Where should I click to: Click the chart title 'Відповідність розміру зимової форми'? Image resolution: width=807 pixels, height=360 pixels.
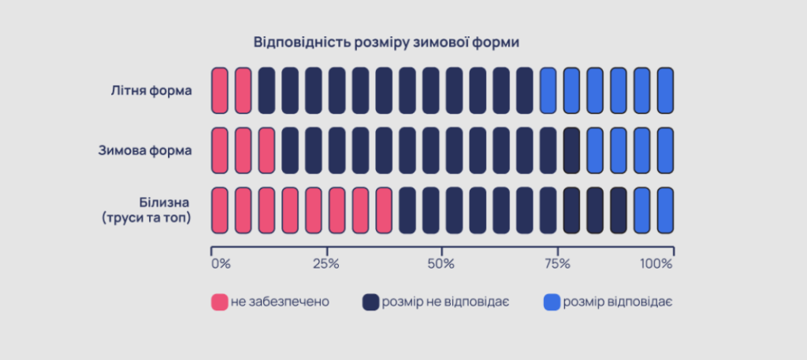386,41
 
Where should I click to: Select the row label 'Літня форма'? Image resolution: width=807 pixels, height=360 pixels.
151,90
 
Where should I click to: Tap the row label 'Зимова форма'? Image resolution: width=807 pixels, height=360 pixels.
145,150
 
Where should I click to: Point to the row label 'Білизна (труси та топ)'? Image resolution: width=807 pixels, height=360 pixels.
147,210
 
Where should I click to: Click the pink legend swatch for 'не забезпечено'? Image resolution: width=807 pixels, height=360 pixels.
219,302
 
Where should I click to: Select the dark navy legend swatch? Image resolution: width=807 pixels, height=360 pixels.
370,302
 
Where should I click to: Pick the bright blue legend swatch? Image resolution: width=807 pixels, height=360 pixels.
552,302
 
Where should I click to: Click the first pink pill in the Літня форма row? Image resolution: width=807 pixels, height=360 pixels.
220,90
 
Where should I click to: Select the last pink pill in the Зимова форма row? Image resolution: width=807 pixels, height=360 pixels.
266,150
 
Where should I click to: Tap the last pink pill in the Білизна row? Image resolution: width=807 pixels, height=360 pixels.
384,210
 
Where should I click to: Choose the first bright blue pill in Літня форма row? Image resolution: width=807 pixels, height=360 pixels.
548,90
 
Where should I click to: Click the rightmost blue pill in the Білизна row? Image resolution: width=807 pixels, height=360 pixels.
665,210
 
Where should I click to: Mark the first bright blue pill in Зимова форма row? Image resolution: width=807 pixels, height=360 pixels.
595,150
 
